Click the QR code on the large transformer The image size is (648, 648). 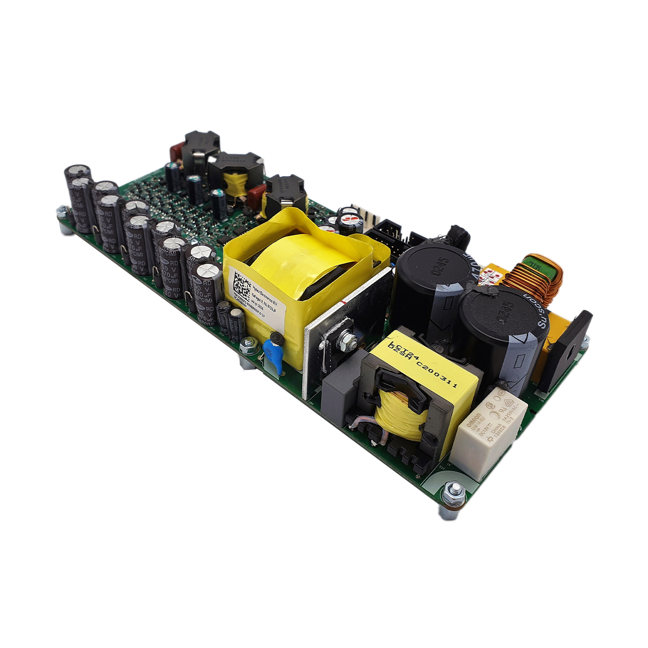tap(241, 286)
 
